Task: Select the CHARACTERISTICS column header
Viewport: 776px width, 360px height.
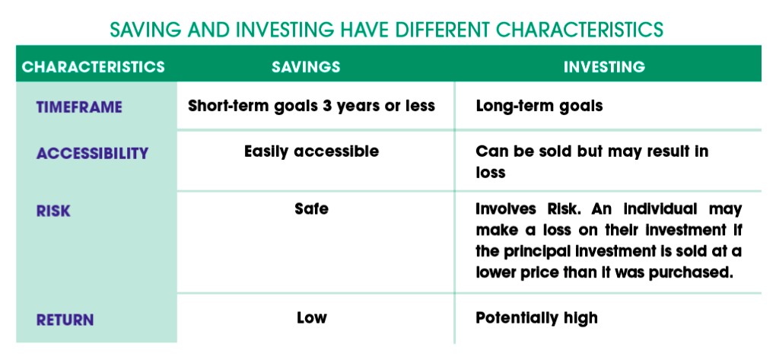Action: [x=94, y=67]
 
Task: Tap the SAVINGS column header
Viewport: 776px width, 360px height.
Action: [x=306, y=67]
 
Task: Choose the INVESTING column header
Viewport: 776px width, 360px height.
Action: [x=604, y=67]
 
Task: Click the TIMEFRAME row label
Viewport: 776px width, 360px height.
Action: [x=79, y=107]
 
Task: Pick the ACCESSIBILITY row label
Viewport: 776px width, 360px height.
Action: [x=92, y=154]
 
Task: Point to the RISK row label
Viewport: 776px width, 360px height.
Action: [x=53, y=212]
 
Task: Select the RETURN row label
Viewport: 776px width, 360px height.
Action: [x=65, y=320]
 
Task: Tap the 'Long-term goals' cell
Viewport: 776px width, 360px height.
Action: [x=539, y=107]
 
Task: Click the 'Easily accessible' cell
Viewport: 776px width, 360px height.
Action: [x=311, y=151]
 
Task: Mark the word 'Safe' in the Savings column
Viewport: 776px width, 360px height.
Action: [x=311, y=209]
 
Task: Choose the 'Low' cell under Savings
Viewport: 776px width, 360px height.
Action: [x=312, y=317]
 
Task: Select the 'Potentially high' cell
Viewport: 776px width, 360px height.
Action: [x=536, y=318]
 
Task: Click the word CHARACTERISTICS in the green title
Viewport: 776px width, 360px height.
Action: [x=580, y=29]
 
